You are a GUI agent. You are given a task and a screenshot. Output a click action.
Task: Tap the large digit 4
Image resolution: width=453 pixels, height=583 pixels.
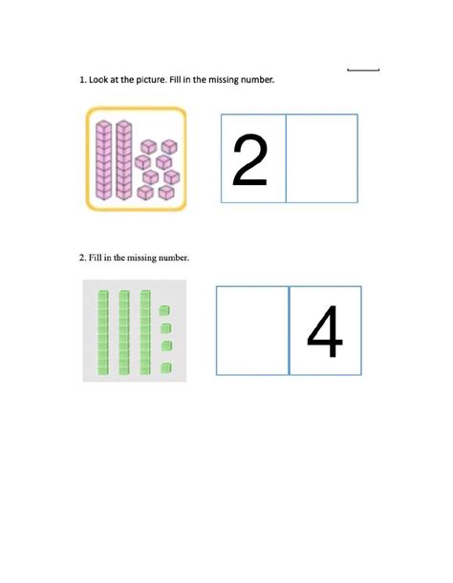(x=325, y=330)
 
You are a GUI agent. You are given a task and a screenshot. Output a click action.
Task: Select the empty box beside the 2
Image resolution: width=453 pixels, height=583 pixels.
(x=323, y=158)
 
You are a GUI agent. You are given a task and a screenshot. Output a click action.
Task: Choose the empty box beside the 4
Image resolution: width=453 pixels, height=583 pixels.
(x=252, y=330)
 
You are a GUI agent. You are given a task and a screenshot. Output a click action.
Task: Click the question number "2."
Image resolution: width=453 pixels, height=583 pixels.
(x=83, y=258)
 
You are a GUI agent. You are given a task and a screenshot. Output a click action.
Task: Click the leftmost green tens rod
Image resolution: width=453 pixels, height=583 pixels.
(x=103, y=330)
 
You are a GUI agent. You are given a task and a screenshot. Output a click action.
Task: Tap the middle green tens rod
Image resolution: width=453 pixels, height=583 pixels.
(x=123, y=330)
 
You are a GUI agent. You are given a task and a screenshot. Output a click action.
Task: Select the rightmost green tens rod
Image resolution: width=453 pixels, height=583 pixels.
(x=144, y=330)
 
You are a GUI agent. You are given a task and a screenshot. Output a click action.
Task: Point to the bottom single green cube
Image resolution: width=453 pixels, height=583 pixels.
(x=165, y=367)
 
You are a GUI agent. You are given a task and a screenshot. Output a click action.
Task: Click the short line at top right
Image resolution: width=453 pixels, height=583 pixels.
(x=363, y=70)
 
